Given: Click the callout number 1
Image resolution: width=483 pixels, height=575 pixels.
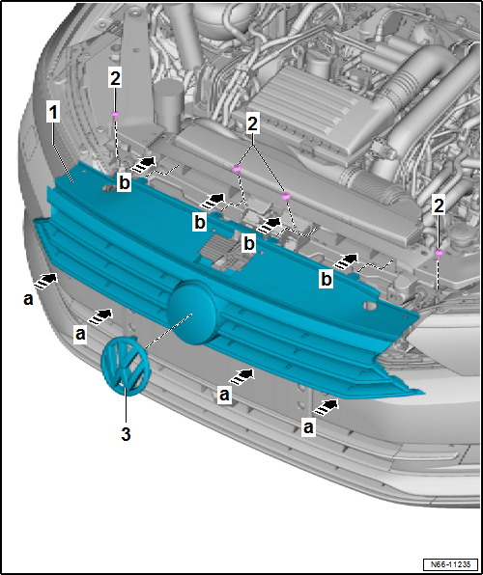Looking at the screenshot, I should pos(55,113).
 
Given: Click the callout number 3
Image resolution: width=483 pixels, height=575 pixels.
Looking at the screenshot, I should pos(125,434).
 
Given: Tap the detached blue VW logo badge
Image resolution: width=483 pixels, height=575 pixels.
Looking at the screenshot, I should pos(124,368).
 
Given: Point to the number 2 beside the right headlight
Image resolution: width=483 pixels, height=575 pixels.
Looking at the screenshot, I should pos(440,205).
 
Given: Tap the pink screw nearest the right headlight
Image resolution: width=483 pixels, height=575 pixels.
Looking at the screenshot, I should pos(440,252).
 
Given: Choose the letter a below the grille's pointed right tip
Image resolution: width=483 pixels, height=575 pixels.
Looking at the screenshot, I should pos(308,424).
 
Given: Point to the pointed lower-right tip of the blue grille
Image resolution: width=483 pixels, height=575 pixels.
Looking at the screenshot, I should pos(421,393).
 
